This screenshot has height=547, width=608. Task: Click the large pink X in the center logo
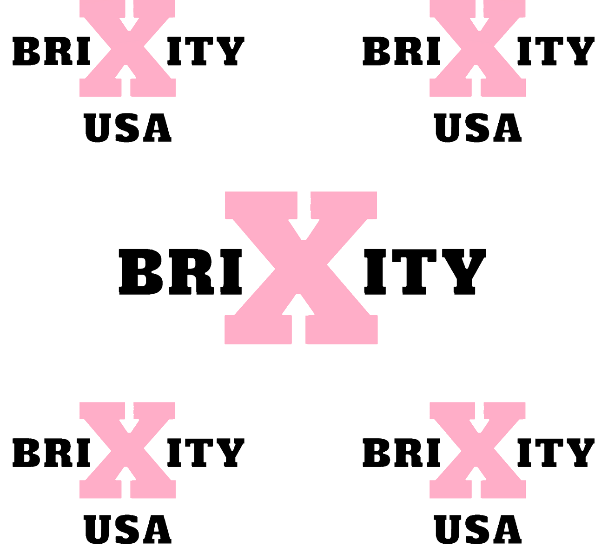click(x=301, y=268)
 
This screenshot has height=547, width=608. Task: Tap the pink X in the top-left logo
click(x=128, y=48)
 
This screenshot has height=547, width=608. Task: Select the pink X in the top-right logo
click(x=478, y=48)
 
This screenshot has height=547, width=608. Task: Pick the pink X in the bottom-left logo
click(x=128, y=450)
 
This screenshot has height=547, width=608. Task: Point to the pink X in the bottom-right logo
click(x=478, y=450)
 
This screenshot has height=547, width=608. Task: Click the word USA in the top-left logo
click(x=128, y=128)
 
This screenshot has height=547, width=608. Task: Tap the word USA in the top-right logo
click(x=478, y=128)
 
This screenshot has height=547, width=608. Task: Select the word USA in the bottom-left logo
click(x=128, y=529)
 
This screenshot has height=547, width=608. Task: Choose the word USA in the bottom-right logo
click(x=478, y=529)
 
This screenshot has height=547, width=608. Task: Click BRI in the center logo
click(x=180, y=272)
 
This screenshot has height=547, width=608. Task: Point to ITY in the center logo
click(x=425, y=272)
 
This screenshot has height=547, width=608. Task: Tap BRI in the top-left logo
click(x=51, y=51)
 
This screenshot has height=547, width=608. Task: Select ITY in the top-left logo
click(x=206, y=51)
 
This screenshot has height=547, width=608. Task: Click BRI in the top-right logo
click(x=401, y=51)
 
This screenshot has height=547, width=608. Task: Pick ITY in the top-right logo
click(x=556, y=51)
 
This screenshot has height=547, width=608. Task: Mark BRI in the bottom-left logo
click(x=51, y=453)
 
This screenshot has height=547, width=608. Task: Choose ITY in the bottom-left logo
click(x=206, y=453)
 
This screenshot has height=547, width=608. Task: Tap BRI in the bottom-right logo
click(x=401, y=453)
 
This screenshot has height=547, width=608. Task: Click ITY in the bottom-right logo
click(x=556, y=453)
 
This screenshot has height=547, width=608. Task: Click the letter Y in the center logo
click(x=464, y=272)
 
